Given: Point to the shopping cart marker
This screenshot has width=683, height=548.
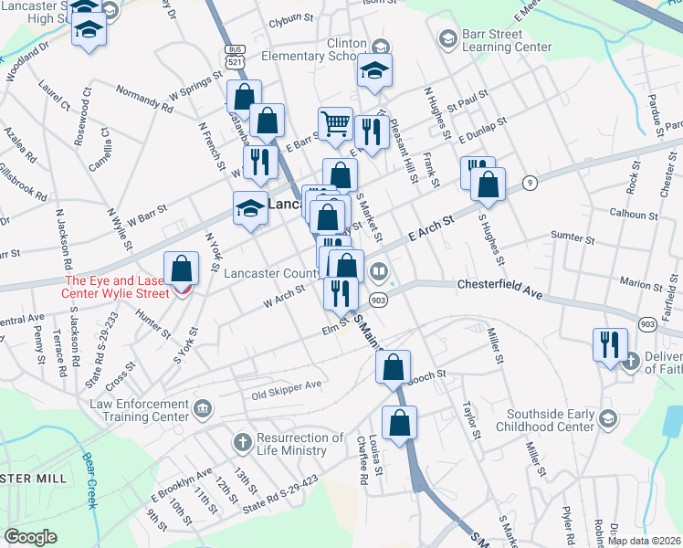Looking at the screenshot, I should [x=335, y=123].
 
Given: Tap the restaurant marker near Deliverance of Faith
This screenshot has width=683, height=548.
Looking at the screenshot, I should [x=610, y=344].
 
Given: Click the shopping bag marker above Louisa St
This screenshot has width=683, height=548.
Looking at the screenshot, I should [x=399, y=423].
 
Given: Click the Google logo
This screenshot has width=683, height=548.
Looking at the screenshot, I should [x=31, y=537].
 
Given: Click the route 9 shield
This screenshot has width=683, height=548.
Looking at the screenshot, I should [x=529, y=184].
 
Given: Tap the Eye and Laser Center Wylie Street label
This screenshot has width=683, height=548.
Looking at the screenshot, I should [x=116, y=287].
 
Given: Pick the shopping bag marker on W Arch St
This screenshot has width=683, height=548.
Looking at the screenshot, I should [x=183, y=269].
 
